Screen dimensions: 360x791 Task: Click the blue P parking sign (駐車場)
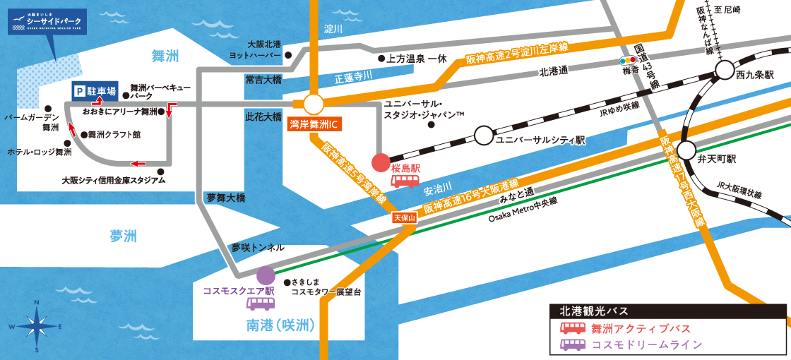95,91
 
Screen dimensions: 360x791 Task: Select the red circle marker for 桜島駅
381,163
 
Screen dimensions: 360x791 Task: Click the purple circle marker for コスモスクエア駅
266,275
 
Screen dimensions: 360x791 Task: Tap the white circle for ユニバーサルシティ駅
484,134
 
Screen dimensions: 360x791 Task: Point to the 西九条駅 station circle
725,69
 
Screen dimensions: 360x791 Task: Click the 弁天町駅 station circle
686,150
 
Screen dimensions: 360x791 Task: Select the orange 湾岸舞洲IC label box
315,125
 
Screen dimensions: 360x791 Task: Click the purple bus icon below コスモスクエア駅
261,304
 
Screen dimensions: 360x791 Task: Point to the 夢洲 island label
123,236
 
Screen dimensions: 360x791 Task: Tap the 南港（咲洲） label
280,325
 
